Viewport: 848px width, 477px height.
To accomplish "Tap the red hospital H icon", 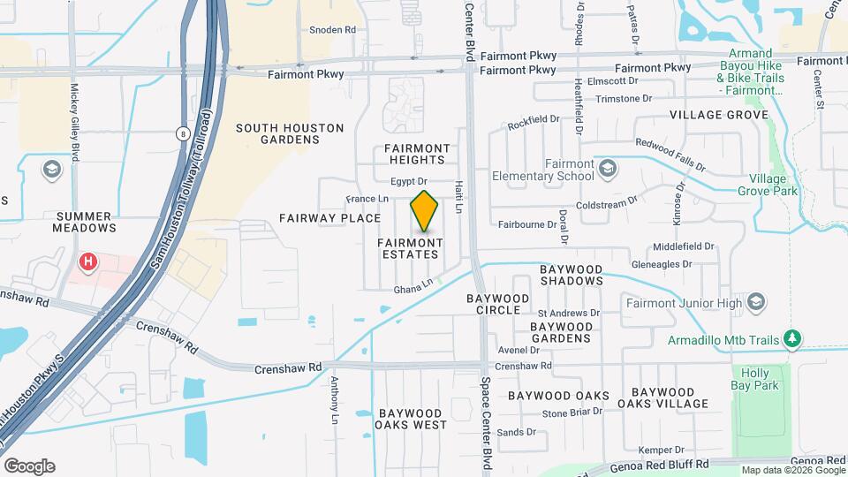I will point(87,261).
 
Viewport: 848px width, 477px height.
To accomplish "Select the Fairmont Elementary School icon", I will point(607,168).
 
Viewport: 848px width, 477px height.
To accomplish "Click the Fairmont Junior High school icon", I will point(755,304).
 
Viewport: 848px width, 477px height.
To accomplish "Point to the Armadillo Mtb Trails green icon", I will point(793,339).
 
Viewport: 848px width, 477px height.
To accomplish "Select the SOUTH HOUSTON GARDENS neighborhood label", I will point(290,133).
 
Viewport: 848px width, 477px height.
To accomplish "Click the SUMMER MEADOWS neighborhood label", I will point(87,222).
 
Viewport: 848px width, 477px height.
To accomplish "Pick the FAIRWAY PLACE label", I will point(329,217).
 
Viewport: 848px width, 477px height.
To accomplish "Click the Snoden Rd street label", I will point(332,29).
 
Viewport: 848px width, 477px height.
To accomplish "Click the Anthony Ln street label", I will point(335,397).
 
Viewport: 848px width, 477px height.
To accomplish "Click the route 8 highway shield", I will point(183,133).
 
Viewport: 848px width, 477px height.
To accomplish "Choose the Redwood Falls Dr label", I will point(670,154).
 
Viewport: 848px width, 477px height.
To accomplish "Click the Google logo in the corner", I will point(29,466).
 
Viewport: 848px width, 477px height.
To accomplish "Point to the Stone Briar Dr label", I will point(572,412).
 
